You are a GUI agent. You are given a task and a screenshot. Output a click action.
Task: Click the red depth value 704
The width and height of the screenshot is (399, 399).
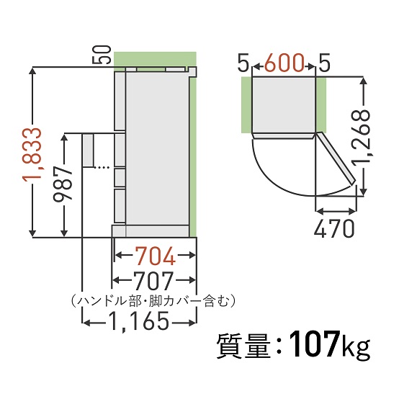coord(155,255)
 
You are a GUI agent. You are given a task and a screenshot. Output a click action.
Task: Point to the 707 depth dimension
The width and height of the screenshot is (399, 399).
coord(155,279)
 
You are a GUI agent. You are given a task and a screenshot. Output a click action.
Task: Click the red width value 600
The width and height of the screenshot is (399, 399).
coord(283,64)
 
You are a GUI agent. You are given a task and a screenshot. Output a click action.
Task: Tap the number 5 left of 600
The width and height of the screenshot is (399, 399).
coord(243,64)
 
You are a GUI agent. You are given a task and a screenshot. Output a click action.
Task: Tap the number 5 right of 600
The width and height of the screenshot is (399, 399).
coord(323,64)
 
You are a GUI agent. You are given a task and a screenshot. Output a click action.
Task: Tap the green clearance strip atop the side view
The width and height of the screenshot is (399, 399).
coord(154,59)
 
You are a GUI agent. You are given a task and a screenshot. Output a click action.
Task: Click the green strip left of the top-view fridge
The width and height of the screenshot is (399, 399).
coord(246,106)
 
